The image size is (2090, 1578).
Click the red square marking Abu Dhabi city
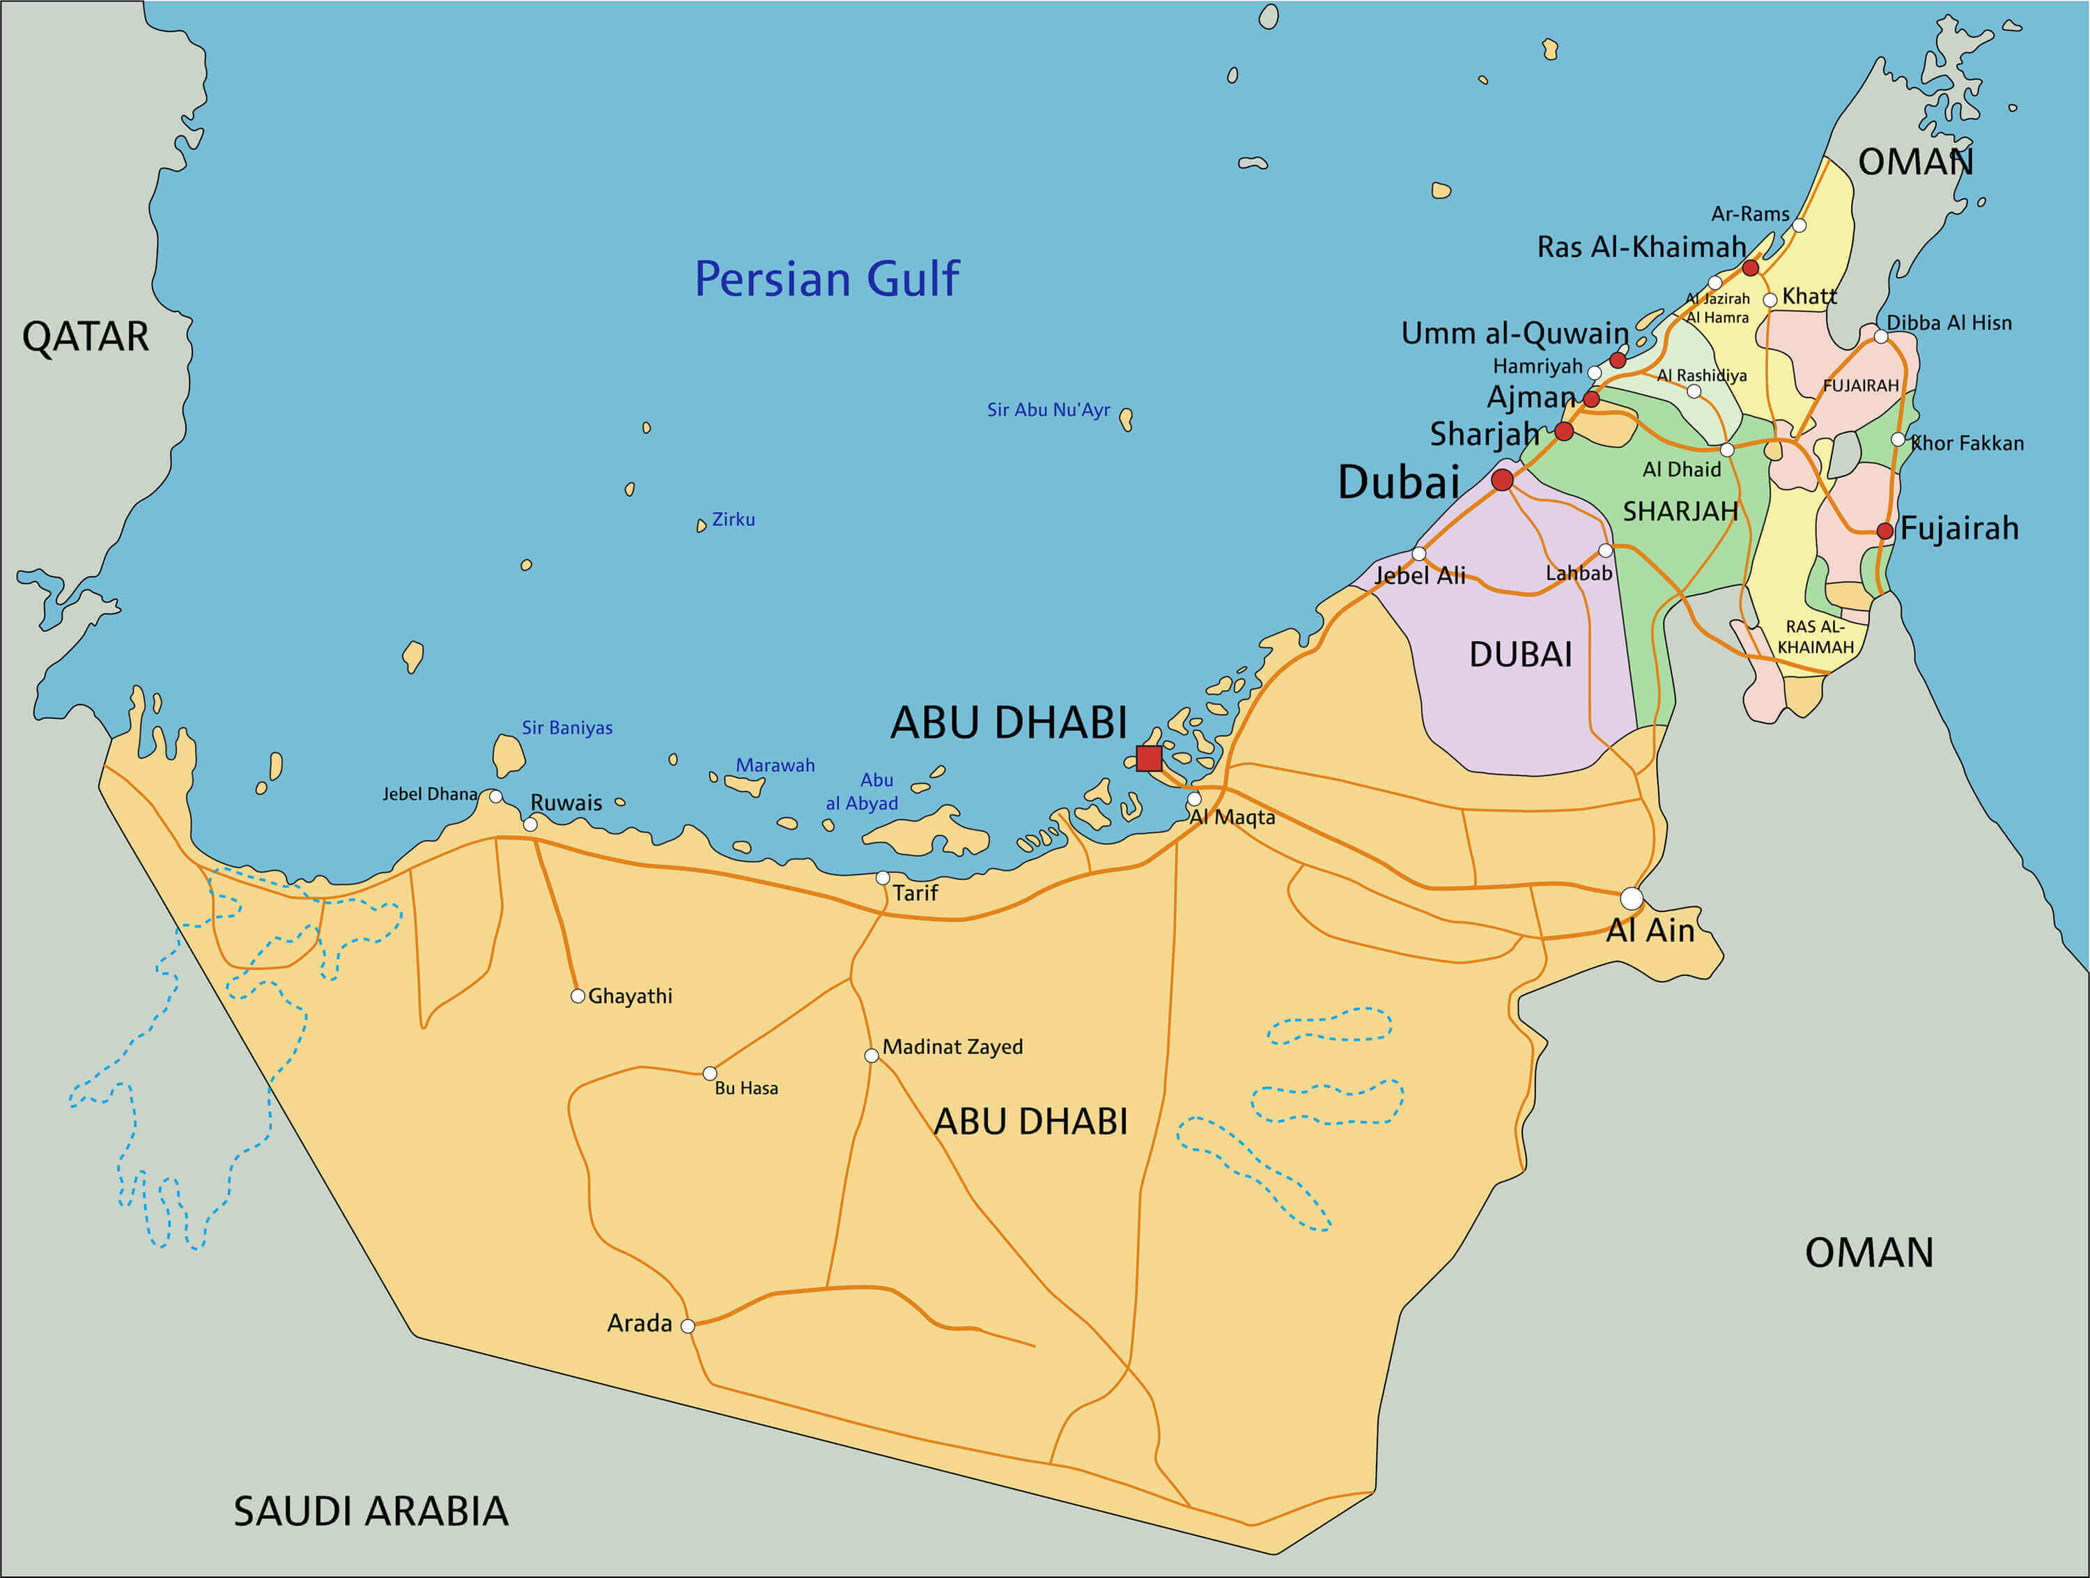coord(1148,758)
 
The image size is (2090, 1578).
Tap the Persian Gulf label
coord(827,279)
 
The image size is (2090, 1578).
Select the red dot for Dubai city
coord(1501,480)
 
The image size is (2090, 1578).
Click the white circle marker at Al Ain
coord(1631,897)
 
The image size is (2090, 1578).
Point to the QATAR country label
coord(85,337)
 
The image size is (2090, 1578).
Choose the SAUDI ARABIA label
coord(371,1512)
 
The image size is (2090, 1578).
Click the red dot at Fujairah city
coord(1884,531)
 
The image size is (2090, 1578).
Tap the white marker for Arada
coord(688,1326)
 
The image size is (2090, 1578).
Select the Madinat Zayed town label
coord(952,1047)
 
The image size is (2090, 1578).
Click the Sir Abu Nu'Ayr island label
coord(1048,410)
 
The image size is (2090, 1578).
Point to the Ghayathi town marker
coord(578,996)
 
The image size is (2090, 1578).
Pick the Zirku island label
coord(733,520)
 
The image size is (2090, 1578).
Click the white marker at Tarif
coord(883,878)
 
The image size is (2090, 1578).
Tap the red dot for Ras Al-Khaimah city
coord(1750,268)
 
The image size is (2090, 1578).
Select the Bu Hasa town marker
coord(710,1074)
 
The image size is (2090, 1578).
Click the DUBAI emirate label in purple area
coord(1520,655)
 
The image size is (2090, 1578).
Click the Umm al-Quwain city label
coord(1514,334)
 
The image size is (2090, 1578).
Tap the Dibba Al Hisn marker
coord(1880,337)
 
